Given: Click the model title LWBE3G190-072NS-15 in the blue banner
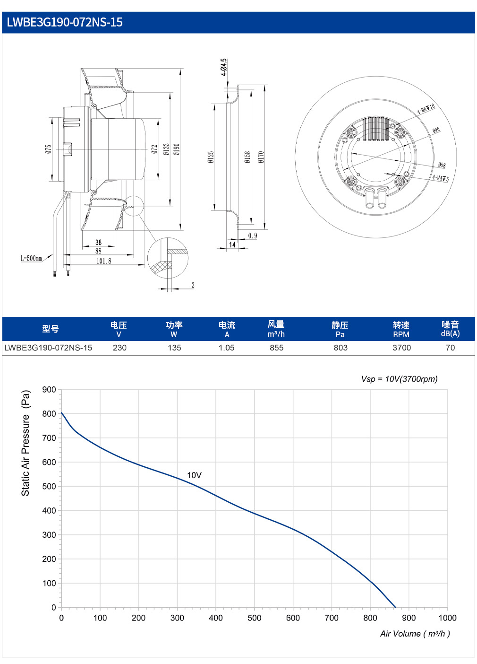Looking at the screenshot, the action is point(65,22).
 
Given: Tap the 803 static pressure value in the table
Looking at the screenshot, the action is point(340,348).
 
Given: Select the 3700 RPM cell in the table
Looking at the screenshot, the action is point(401,348).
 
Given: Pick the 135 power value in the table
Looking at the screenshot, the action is point(174,348).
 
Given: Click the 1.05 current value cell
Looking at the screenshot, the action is point(227,348).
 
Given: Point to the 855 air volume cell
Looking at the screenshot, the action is point(277,348).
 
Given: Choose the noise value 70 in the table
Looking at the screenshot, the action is point(450,348).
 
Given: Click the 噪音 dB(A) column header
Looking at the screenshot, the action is point(450,329).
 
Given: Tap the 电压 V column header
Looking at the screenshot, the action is point(119,329).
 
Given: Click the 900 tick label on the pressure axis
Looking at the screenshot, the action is point(49,390).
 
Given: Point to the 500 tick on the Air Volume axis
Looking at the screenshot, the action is point(255,618).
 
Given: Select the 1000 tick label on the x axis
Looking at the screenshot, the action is point(447,618).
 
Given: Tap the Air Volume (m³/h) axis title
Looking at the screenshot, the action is point(415,634).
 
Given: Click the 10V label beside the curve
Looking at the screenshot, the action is point(194,475).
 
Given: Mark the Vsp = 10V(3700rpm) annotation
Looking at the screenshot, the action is point(399,379).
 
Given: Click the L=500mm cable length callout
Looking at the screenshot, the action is point(31,259).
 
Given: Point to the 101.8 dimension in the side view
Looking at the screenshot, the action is point(104,261).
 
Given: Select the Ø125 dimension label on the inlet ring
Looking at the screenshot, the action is point(211,157).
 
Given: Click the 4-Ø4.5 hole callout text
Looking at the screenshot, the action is point(223,67).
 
